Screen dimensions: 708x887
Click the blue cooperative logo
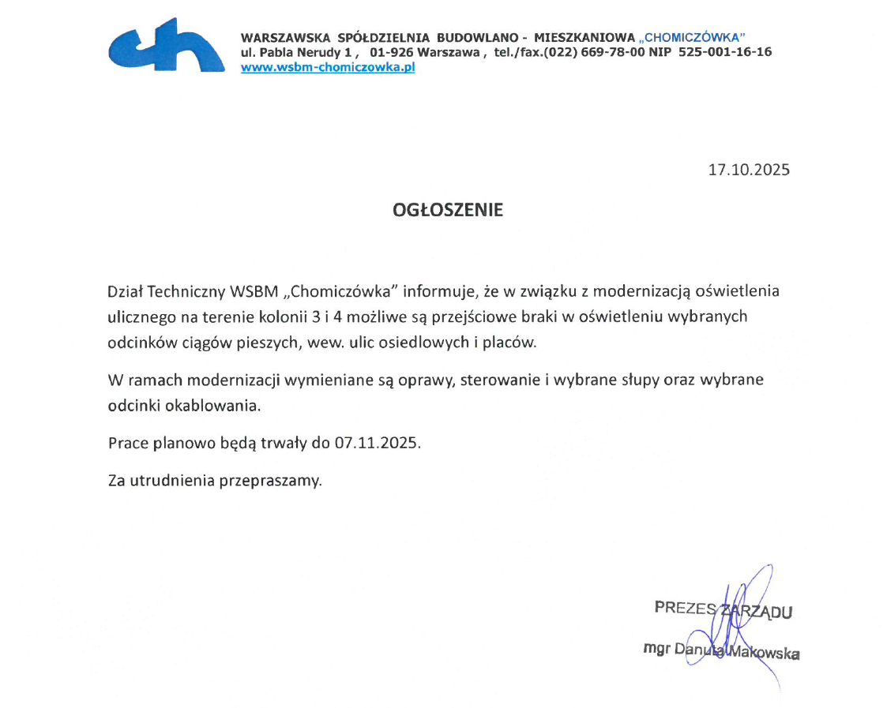point(167,47)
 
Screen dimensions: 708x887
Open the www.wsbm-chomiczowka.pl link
point(328,67)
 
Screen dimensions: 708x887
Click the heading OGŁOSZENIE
point(448,211)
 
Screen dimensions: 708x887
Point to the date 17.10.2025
point(749,170)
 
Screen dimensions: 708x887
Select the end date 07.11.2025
point(377,443)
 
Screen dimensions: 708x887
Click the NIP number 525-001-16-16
point(725,52)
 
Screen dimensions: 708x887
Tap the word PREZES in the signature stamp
point(685,608)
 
